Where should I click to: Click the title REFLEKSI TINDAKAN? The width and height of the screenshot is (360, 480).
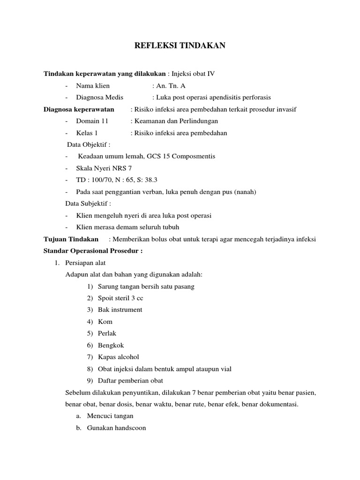(180, 45)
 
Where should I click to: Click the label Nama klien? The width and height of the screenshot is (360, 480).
(92, 85)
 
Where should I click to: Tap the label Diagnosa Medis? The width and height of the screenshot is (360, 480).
(99, 97)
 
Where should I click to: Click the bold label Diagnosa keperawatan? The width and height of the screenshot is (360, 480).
(79, 109)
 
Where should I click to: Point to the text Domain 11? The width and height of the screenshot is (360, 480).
(92, 121)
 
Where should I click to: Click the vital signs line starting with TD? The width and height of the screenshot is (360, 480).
(116, 180)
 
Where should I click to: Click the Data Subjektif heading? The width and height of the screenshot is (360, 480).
(88, 203)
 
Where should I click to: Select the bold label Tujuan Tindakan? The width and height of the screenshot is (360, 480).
(71, 239)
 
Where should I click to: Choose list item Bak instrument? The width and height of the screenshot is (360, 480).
(120, 310)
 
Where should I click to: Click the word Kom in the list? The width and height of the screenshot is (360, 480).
(105, 322)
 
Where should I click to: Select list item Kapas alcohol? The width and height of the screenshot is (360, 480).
(119, 357)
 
